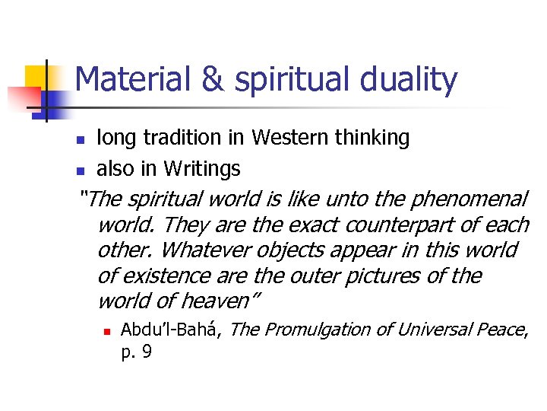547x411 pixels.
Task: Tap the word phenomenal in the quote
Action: [x=468, y=199]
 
